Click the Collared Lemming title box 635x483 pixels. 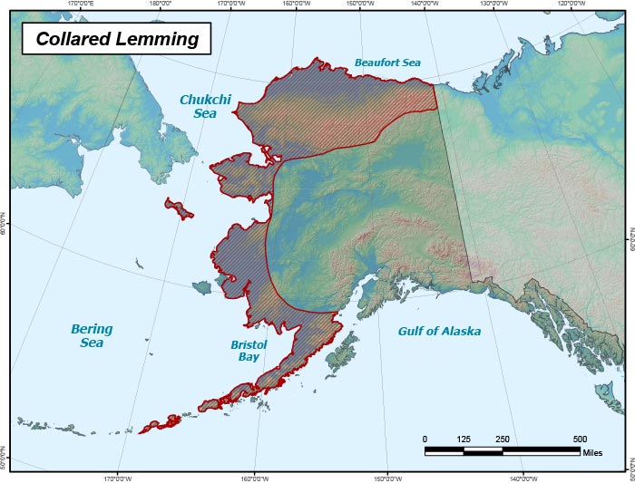click(116, 40)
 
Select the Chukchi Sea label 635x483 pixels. click(205, 106)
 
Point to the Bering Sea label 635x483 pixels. click(91, 336)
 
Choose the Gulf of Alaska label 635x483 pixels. click(439, 332)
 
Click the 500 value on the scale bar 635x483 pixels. click(580, 440)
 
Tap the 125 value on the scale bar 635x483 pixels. click(464, 440)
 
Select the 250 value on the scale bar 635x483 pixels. click(502, 440)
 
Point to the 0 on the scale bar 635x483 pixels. click(425, 440)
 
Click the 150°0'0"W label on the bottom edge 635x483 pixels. click(387, 478)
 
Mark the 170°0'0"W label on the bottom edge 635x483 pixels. click(117, 478)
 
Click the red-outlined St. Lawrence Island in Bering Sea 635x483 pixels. click(179, 208)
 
